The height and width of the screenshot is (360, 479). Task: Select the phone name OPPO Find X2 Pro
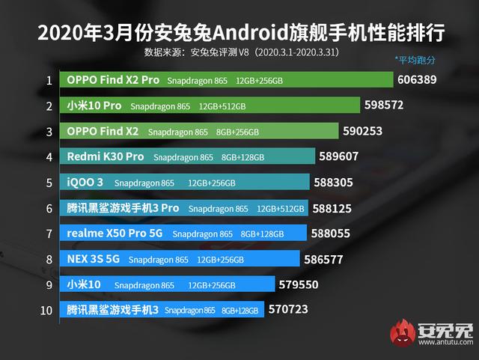pos(113,79)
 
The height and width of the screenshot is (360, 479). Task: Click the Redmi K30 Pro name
pos(105,157)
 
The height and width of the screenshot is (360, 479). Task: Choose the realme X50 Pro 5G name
pos(115,234)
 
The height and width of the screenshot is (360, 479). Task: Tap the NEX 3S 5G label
pos(93,260)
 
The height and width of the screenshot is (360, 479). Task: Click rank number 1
pos(49,80)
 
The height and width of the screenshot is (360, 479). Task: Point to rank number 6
pos(49,208)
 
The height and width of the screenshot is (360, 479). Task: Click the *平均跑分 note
pos(415,59)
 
